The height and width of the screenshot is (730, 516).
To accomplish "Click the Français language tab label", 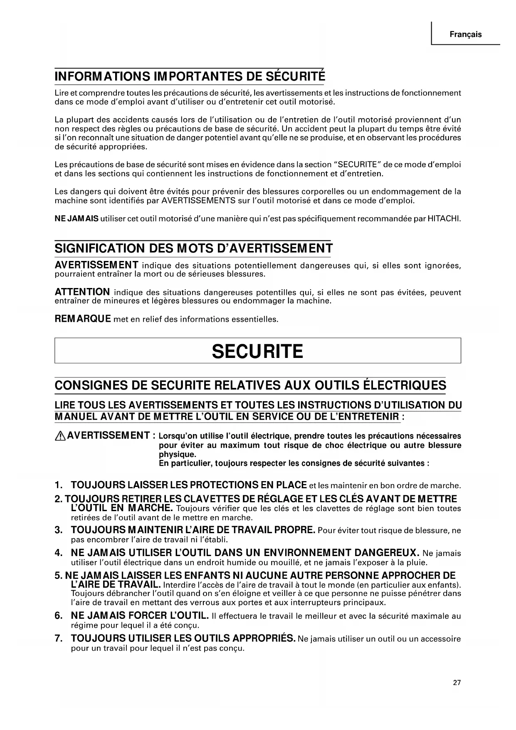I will [x=465, y=35].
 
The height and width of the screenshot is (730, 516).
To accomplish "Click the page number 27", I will [x=457, y=683].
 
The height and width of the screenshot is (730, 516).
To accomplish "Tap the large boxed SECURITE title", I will [x=257, y=351].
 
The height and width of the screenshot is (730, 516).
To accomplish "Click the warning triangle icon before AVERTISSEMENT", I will [x=60, y=436].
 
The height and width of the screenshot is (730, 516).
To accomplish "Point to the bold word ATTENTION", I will [x=82, y=292].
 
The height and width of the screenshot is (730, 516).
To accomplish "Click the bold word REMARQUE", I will [x=83, y=319].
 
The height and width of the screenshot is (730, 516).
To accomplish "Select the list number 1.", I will [x=59, y=485].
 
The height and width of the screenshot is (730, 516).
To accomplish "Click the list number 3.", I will [x=59, y=530].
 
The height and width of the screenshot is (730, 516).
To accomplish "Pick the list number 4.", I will [x=59, y=553].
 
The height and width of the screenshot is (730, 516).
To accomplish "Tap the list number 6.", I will [x=59, y=616].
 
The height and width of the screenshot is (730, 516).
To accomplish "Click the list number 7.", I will [x=59, y=639].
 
